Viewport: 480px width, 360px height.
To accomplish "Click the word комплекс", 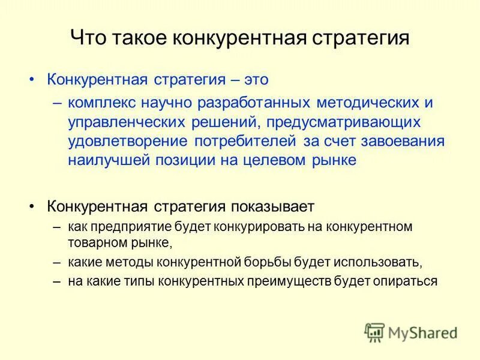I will click(x=100, y=102).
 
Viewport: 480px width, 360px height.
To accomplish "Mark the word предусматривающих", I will click(x=337, y=122).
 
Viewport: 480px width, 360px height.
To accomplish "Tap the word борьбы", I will click(x=268, y=262).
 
